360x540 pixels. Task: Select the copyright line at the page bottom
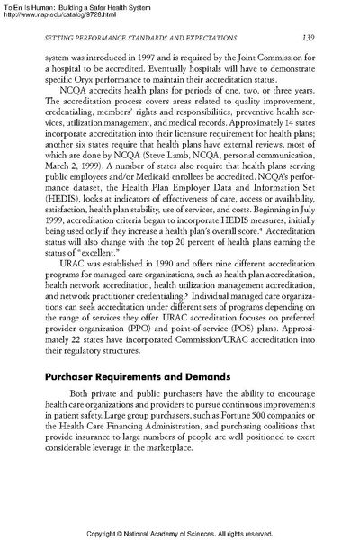(x=180, y=530)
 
